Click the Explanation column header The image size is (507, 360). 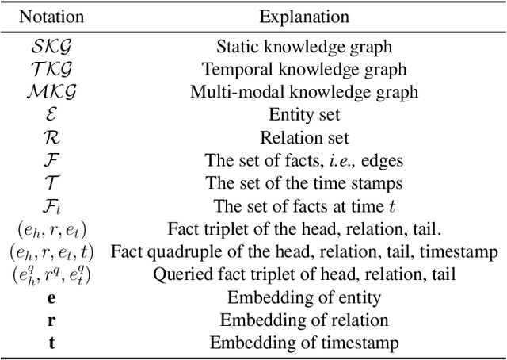(304, 16)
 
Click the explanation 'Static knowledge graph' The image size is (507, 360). (304, 48)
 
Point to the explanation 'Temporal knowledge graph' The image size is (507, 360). (304, 69)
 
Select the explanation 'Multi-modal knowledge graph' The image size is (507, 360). (304, 90)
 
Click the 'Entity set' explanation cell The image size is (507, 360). (304, 115)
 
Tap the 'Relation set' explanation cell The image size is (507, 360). (304, 138)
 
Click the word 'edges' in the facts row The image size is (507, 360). (383, 161)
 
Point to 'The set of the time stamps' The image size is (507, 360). (304, 184)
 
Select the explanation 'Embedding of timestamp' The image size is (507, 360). (304, 343)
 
